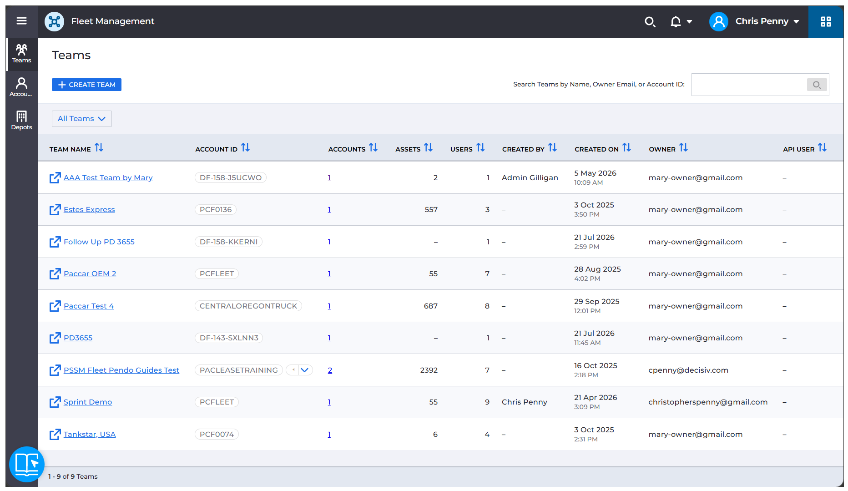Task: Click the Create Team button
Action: pos(86,85)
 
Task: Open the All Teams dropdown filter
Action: pos(82,119)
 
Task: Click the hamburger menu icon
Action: pos(21,21)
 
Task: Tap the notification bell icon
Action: pos(676,21)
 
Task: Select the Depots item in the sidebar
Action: pos(21,120)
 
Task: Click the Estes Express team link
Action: pos(89,210)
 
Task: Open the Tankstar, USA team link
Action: pos(90,435)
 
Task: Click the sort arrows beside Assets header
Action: pos(428,147)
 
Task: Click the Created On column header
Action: pos(596,149)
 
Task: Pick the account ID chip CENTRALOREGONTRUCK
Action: pos(248,306)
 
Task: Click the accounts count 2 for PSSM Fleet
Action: pos(330,370)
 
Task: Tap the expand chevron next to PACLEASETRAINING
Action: pos(305,370)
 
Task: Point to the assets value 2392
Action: pos(429,370)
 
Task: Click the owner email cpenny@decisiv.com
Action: pos(688,370)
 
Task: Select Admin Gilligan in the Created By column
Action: pos(530,178)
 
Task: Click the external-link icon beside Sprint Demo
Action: pos(55,402)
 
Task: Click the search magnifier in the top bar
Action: pos(650,22)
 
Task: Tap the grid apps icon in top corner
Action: pos(826,21)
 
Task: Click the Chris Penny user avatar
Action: pos(719,21)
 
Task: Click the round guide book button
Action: pos(27,464)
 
